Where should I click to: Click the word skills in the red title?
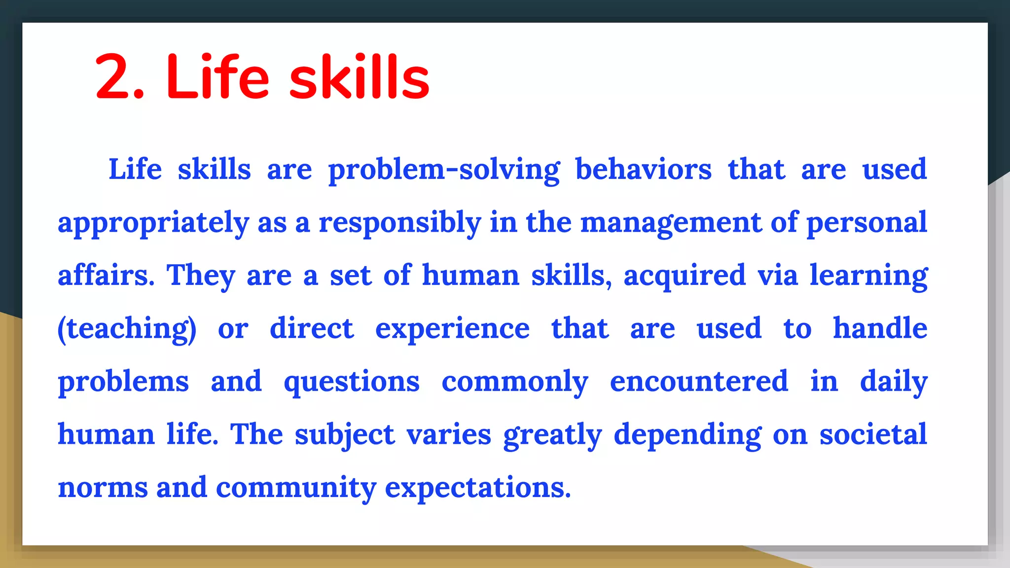point(359,77)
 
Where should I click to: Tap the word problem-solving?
point(444,170)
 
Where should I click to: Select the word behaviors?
point(643,169)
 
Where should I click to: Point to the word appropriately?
point(153,223)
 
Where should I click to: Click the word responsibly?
point(399,223)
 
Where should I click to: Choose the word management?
point(671,223)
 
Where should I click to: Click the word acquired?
point(685,276)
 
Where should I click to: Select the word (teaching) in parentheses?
point(127,329)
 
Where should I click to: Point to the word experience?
point(452,329)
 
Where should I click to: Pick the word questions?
point(352,383)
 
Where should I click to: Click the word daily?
point(894,383)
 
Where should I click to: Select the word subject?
point(345,435)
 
